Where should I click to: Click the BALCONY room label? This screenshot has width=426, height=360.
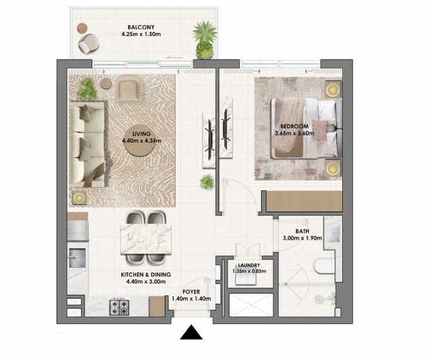(x=141, y=27)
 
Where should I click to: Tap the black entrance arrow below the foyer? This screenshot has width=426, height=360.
(x=191, y=332)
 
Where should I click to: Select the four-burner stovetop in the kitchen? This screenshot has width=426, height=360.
(x=119, y=308)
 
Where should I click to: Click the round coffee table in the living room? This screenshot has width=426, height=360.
(x=140, y=140)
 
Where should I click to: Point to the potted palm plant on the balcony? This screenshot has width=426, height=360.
(x=205, y=40)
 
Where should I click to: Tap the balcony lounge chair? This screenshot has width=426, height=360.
(x=88, y=43)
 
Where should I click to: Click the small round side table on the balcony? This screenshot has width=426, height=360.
(x=82, y=28)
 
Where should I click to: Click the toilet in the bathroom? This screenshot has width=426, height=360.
(x=324, y=266)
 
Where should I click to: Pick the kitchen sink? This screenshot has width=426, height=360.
(x=77, y=258)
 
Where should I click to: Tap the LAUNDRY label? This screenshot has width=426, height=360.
(x=249, y=265)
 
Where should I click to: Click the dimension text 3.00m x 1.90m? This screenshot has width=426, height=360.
(x=302, y=238)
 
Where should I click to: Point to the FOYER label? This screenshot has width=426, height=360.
(x=191, y=292)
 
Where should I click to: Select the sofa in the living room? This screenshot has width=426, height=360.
(x=87, y=144)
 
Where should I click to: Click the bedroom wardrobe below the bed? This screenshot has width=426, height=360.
(x=304, y=201)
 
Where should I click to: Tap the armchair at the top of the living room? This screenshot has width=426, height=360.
(x=128, y=87)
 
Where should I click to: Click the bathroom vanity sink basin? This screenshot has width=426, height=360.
(x=333, y=233)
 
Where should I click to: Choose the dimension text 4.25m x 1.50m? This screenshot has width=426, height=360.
(x=141, y=34)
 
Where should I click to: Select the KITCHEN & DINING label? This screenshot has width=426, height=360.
(x=146, y=275)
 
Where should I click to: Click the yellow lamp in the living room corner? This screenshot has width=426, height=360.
(x=79, y=197)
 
